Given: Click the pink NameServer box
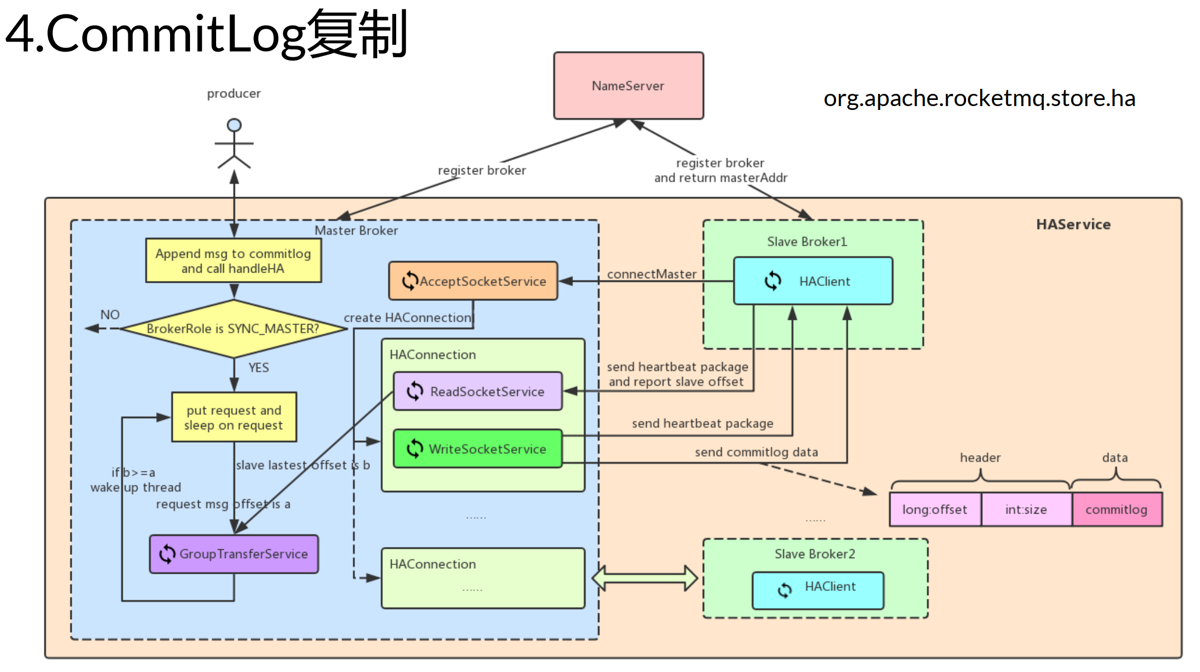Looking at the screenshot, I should [x=628, y=86].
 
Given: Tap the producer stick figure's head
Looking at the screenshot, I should [x=234, y=125].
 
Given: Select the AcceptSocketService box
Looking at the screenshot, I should [x=473, y=281].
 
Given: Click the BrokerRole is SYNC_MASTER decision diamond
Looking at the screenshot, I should [x=233, y=329].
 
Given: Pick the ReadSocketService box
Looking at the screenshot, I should [x=478, y=392].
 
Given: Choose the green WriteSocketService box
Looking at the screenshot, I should [x=478, y=449].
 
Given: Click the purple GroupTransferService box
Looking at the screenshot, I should [x=234, y=554].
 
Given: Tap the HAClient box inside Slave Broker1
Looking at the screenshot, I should [x=813, y=281].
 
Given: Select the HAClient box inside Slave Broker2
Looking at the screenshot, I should [x=818, y=590].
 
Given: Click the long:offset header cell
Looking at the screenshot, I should [x=934, y=509].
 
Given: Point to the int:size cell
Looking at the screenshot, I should [x=1026, y=509].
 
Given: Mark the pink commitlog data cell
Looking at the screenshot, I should [x=1117, y=509].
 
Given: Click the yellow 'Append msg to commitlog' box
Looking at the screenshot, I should [x=233, y=261].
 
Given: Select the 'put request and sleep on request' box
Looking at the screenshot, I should [x=234, y=418].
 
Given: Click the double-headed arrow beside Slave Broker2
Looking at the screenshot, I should [x=644, y=579].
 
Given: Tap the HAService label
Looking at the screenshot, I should [x=1073, y=224].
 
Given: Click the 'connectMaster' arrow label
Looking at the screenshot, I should [x=651, y=274].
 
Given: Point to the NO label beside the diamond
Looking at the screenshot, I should [x=110, y=315].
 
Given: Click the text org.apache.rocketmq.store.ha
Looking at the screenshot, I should [x=979, y=98].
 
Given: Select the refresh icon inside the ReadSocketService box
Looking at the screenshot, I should [x=415, y=392].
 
